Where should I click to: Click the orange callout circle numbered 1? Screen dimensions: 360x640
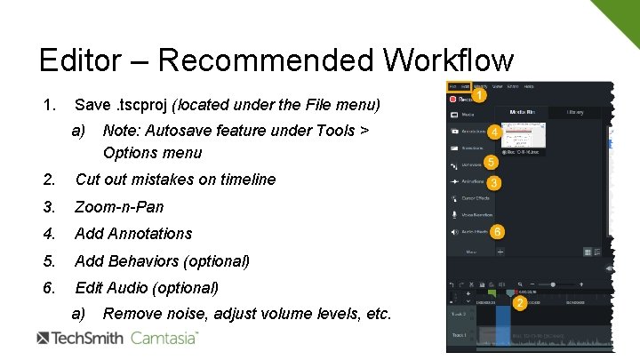tap(478, 95)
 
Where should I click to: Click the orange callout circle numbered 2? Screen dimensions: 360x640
tap(518, 303)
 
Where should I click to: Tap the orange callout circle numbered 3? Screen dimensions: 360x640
tap(493, 182)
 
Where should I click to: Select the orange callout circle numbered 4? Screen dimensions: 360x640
tap(493, 131)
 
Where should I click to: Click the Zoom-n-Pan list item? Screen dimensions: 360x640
tap(119, 206)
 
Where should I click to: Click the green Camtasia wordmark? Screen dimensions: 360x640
tap(164, 338)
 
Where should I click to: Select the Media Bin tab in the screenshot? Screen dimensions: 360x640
tap(521, 113)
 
